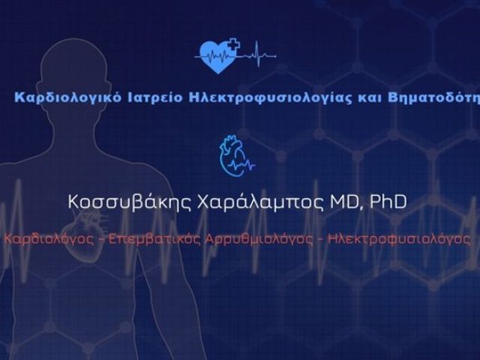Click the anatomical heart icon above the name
coord(230,154)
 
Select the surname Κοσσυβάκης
coord(127,202)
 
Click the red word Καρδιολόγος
coord(44,239)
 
